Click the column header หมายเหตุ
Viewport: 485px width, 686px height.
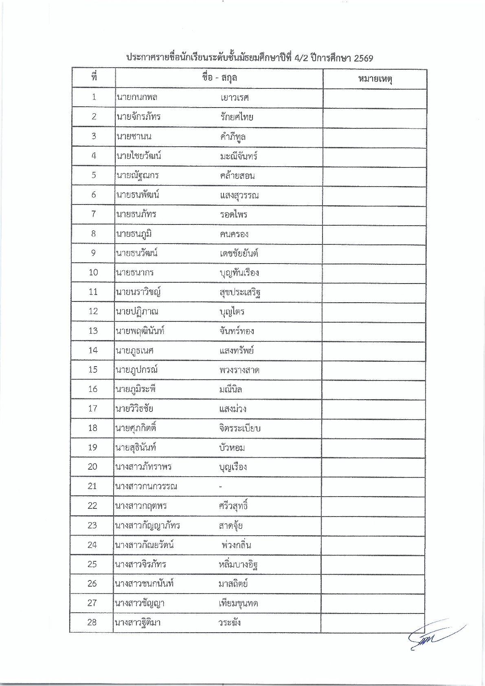click(x=375, y=79)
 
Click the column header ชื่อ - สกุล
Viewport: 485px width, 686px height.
click(x=219, y=78)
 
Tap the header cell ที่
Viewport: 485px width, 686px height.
click(x=94, y=77)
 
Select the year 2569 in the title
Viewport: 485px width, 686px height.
click(x=363, y=58)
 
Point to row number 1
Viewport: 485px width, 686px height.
click(x=94, y=97)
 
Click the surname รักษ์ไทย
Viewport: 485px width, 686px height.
click(x=237, y=117)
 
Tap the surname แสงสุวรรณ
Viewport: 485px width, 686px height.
click(x=239, y=195)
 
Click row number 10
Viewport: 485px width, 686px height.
click(x=93, y=272)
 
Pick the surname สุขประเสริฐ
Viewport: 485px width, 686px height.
click(x=240, y=292)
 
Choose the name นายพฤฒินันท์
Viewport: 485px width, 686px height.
click(x=140, y=331)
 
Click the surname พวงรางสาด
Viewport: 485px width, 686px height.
click(x=239, y=370)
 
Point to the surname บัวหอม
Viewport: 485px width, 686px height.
click(x=232, y=448)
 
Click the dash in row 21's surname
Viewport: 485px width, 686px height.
click(x=220, y=486)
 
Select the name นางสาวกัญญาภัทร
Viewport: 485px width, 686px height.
click(x=147, y=525)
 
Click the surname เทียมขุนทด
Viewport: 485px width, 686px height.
click(x=238, y=603)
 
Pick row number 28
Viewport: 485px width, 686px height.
click(x=92, y=622)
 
